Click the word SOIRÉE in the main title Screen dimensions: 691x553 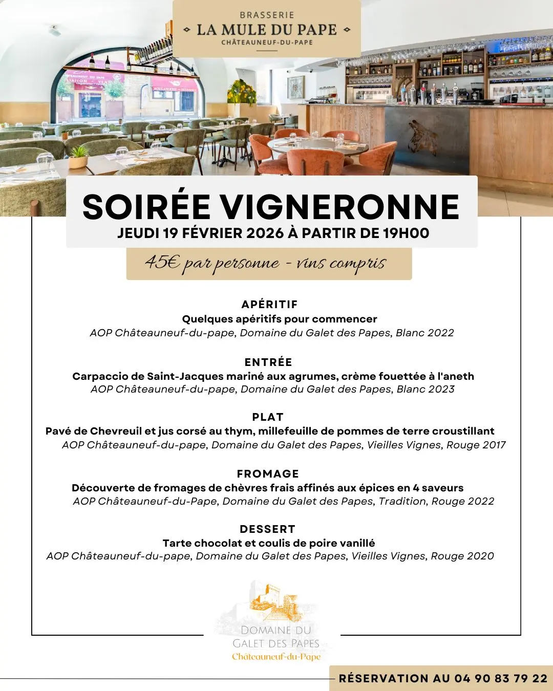pos(146,207)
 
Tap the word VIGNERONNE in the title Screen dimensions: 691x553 pos(340,207)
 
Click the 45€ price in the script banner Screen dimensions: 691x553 pos(162,262)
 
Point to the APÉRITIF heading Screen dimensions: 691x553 pos(269,305)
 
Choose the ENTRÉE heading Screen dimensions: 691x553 pos(268,362)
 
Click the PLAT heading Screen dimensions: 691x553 pos(268,417)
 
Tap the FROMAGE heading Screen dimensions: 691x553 pos(268,474)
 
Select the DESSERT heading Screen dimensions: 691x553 pos(267,529)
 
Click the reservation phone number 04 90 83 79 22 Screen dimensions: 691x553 pos(501,678)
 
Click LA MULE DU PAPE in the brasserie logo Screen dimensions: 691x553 pos(267,30)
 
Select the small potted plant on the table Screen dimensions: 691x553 pos(78,157)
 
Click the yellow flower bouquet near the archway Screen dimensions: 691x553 pos(242,93)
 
